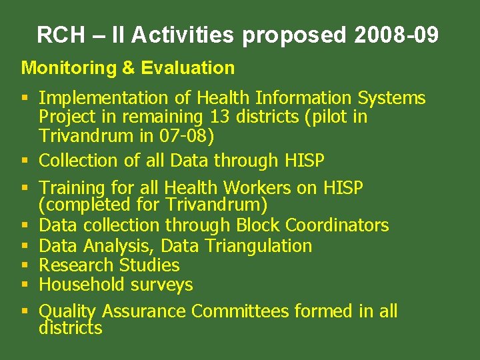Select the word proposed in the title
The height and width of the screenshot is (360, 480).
click(x=294, y=36)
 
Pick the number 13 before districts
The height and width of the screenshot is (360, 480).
click(x=217, y=117)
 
